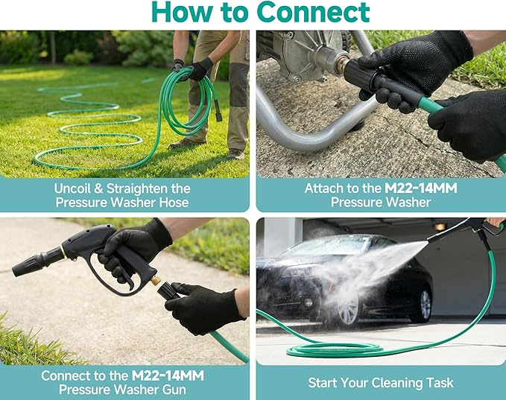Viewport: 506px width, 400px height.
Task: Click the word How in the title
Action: pos(182,12)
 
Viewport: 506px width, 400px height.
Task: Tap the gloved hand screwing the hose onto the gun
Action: pos(201,305)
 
